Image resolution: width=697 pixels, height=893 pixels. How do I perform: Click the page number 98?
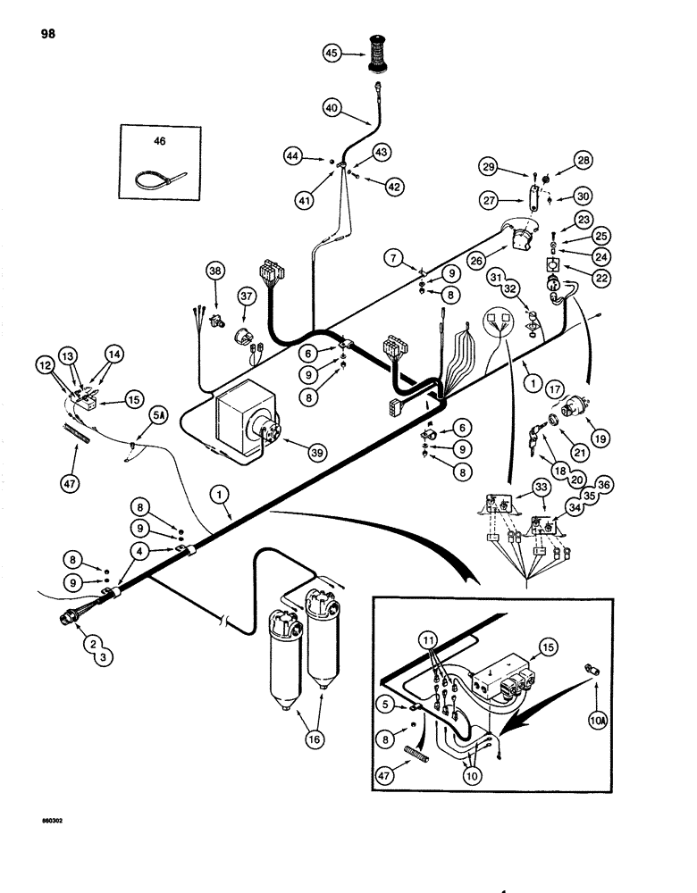(47, 34)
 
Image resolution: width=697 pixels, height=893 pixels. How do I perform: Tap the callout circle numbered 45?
(332, 54)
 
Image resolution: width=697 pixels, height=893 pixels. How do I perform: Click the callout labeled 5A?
(158, 415)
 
